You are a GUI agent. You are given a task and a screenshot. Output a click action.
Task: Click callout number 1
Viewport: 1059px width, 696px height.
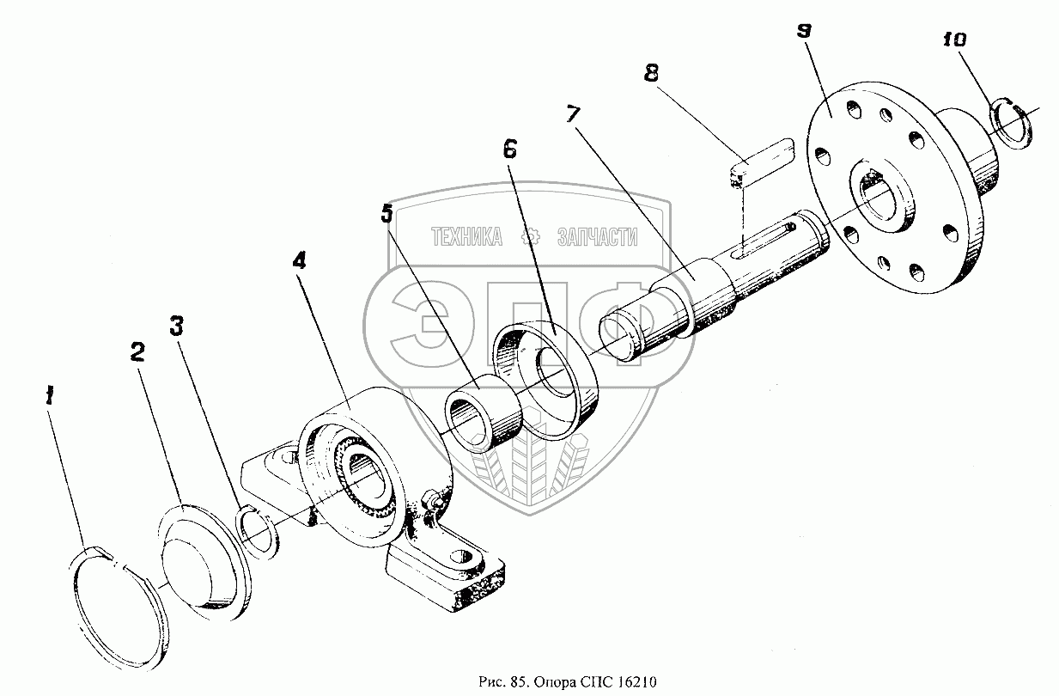tap(51, 396)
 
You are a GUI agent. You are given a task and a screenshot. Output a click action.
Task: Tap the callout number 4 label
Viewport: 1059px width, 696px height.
tap(298, 261)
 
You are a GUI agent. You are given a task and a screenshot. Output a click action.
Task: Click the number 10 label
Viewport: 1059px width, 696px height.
tap(953, 39)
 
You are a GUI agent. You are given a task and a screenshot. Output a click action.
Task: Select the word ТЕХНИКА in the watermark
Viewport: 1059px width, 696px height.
tap(466, 236)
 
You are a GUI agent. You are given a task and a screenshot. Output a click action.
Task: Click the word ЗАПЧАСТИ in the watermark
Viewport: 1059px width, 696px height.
tap(598, 236)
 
